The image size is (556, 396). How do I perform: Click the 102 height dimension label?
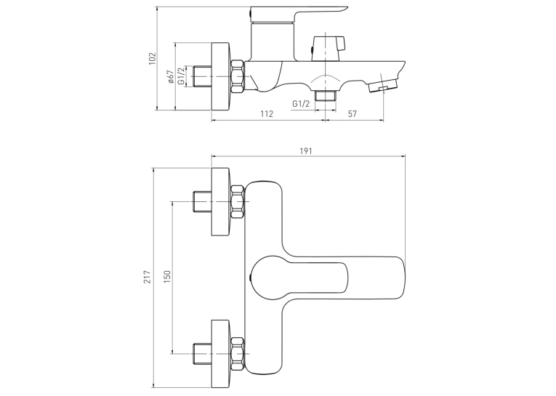click(152, 59)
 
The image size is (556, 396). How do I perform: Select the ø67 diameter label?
click(170, 77)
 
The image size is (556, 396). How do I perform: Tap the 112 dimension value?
click(267, 114)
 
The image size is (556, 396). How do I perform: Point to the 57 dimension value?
click(352, 114)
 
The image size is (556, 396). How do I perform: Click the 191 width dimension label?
click(306, 151)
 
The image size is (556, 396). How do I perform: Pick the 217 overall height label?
click(147, 277)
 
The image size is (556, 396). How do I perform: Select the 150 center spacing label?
click(167, 277)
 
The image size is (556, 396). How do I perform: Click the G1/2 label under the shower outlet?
click(301, 104)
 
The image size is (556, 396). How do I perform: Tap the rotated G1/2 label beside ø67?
click(181, 76)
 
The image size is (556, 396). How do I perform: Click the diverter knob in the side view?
click(328, 48)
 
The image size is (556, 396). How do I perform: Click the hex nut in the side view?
click(237, 77)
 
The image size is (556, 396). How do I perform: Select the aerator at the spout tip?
click(382, 86)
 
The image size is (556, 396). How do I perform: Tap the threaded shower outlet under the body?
click(325, 95)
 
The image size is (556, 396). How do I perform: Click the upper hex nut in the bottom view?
click(237, 202)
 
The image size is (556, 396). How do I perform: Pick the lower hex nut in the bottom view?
click(237, 354)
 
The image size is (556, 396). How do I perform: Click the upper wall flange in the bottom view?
click(220, 202)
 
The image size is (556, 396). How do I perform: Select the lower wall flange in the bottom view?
click(220, 354)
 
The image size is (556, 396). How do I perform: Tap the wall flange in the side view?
click(220, 77)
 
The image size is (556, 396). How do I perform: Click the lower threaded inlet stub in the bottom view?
click(203, 354)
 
